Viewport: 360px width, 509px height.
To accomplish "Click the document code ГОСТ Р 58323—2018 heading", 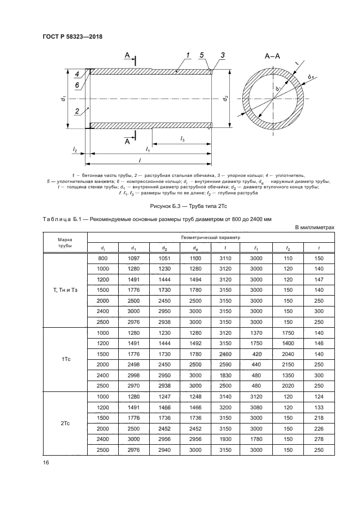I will click(72, 37).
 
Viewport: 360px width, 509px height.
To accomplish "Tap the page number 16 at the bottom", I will click(46, 463).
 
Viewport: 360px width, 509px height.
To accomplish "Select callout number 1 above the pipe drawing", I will click(187, 55).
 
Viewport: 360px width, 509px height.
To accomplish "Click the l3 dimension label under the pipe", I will click(182, 139).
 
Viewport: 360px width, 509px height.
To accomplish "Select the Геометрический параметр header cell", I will click(211, 238).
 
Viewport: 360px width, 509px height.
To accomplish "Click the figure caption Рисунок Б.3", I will click(180, 207).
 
